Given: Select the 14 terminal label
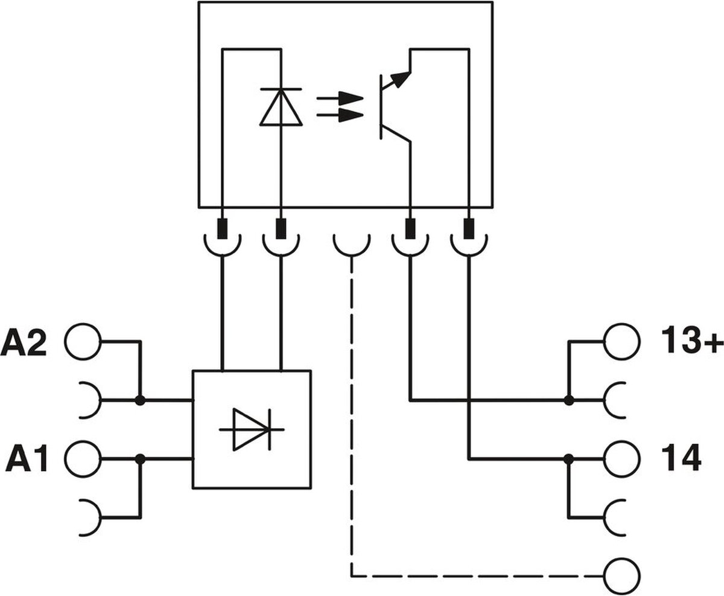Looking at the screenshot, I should pyautogui.click(x=681, y=458).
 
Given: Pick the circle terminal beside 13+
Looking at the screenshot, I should pyautogui.click(x=622, y=341).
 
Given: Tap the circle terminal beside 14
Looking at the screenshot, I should pyautogui.click(x=622, y=459).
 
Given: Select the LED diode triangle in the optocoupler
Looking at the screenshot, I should pyautogui.click(x=281, y=109).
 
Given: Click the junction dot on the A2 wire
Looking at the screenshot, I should pyautogui.click(x=141, y=400).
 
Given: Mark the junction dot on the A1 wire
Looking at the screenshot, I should pyautogui.click(x=141, y=459).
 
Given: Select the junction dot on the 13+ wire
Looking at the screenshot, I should pyautogui.click(x=568, y=400).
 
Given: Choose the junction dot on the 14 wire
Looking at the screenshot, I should pyautogui.click(x=568, y=459).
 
